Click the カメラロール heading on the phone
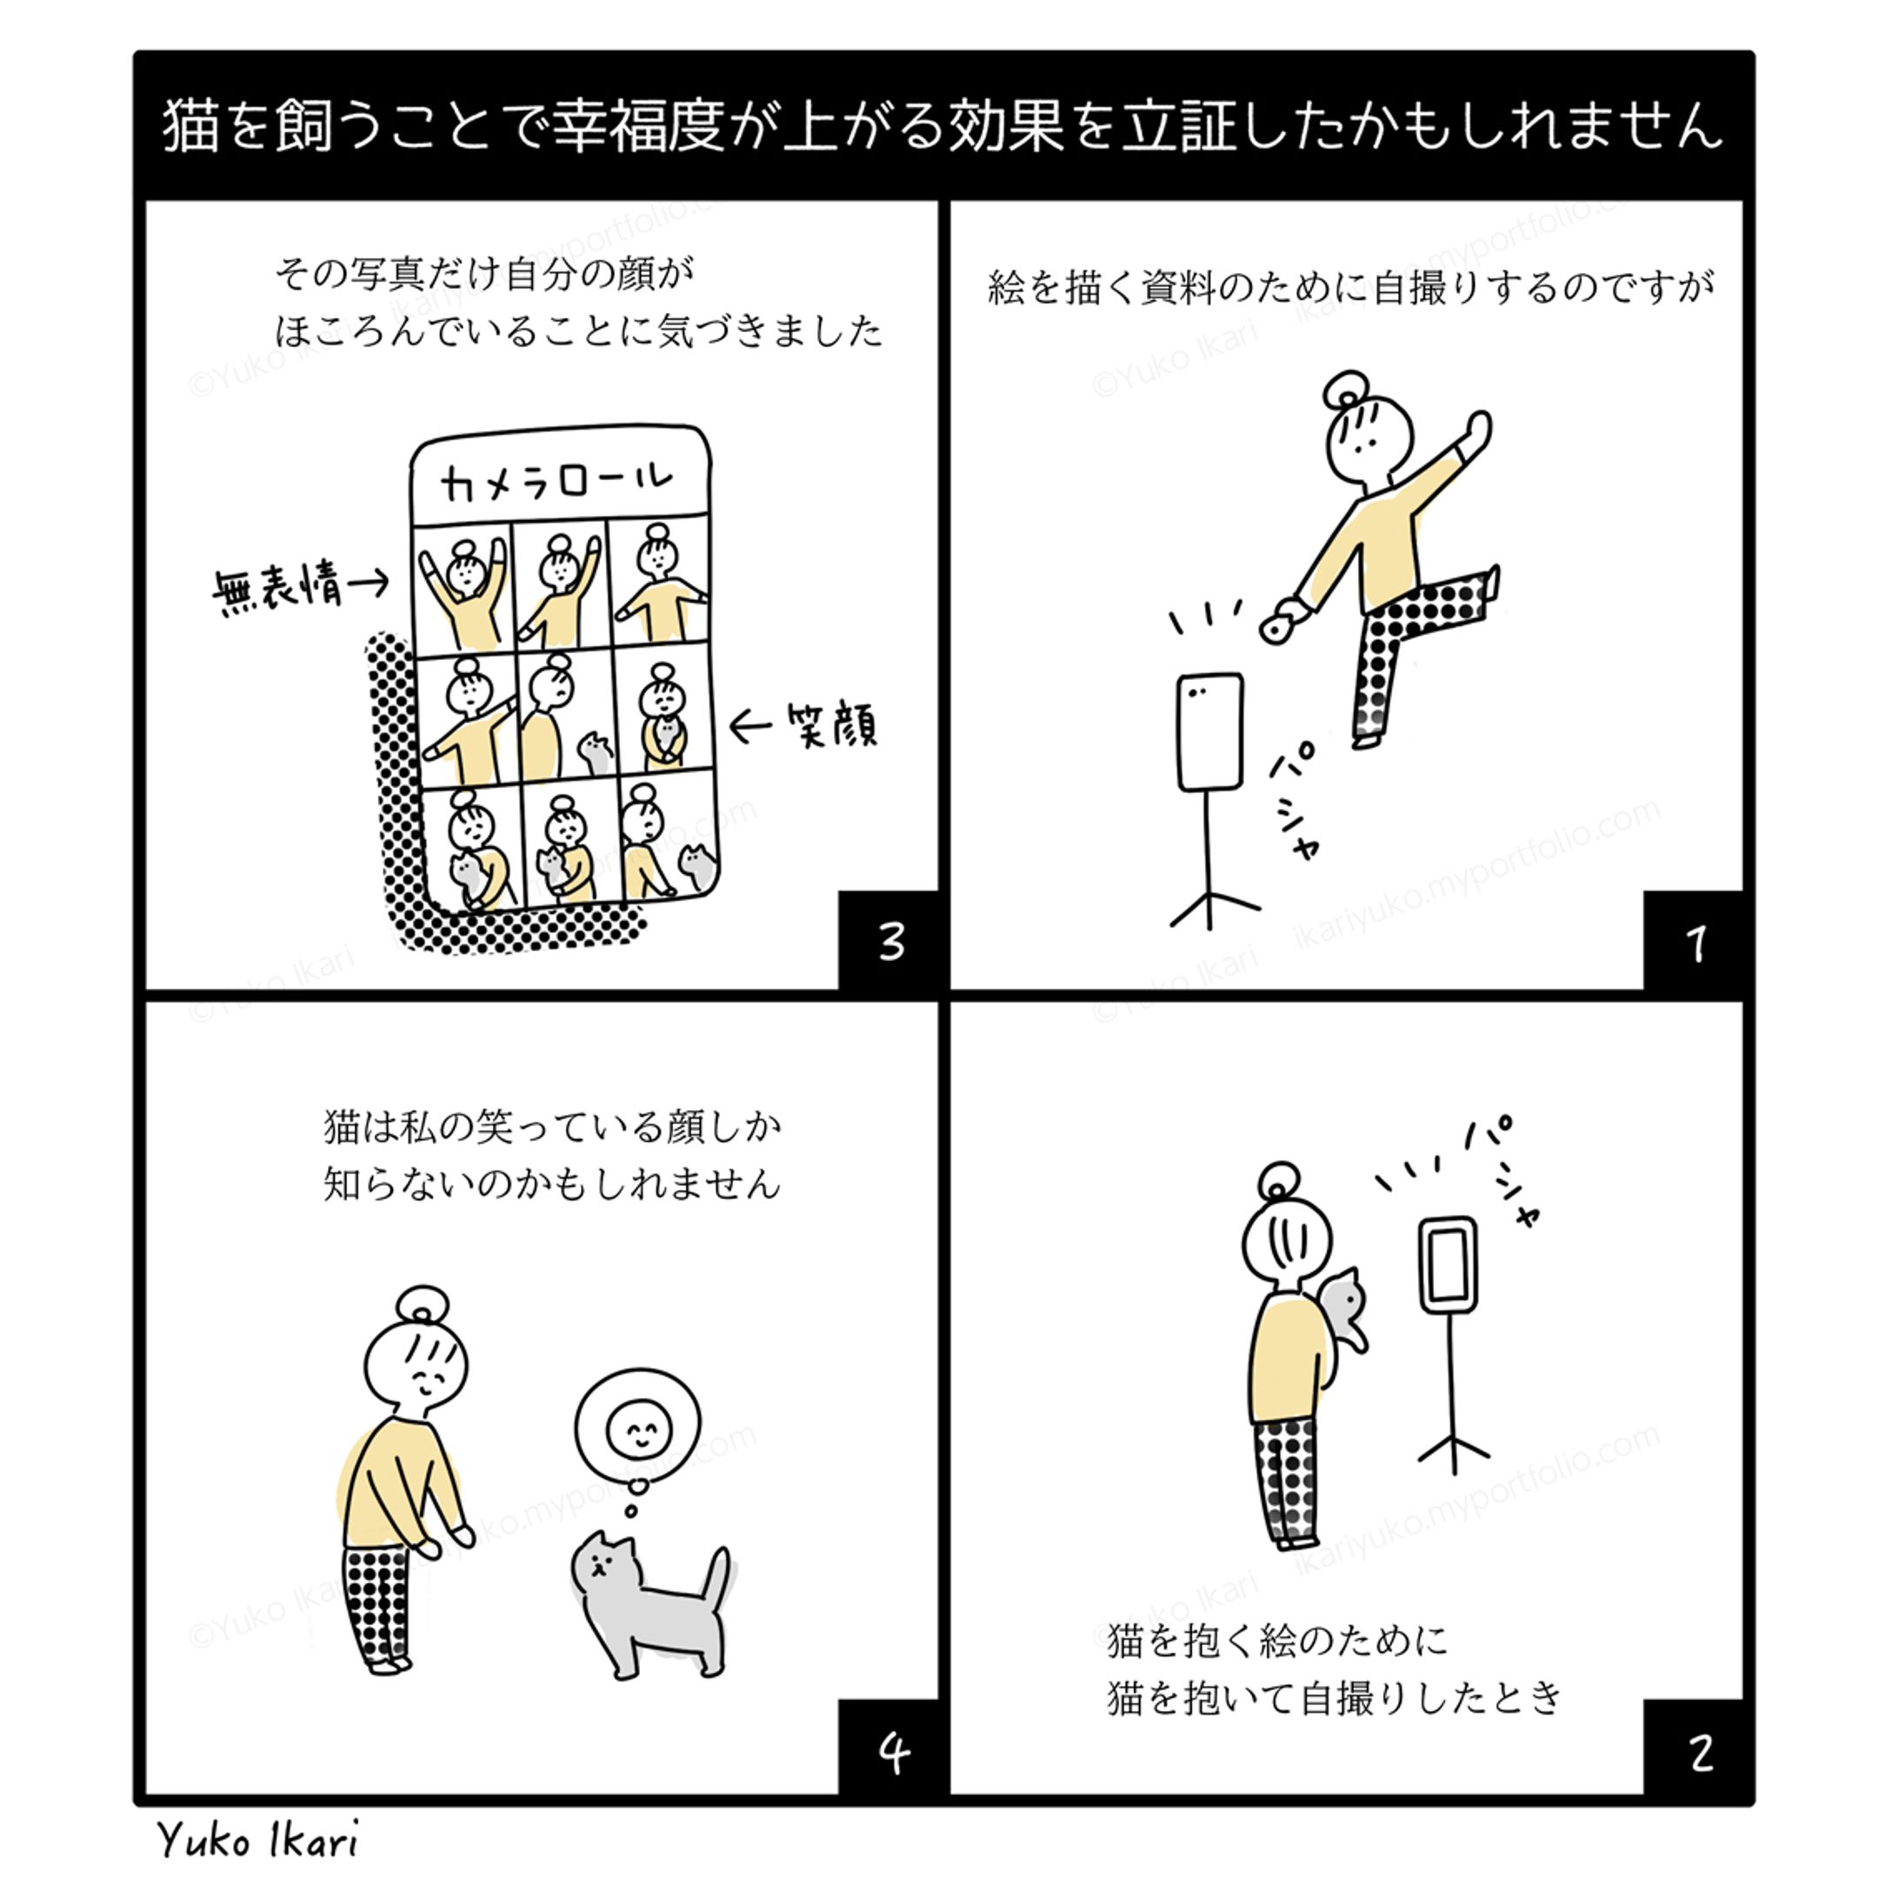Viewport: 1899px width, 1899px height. tap(557, 482)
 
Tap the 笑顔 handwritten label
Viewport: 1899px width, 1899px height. tap(831, 725)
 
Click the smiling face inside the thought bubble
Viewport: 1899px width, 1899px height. tap(639, 1430)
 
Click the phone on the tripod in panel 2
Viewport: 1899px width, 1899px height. tap(1449, 1266)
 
